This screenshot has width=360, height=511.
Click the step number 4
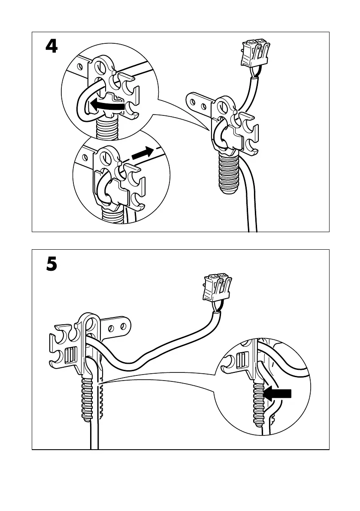point(51,46)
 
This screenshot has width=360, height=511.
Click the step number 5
point(51,264)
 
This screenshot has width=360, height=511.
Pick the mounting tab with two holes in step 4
point(200,103)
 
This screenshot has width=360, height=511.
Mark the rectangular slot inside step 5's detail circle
point(241,360)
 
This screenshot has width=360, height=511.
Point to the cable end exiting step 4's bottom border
point(252,227)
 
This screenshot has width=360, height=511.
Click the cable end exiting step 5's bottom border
point(94,444)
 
